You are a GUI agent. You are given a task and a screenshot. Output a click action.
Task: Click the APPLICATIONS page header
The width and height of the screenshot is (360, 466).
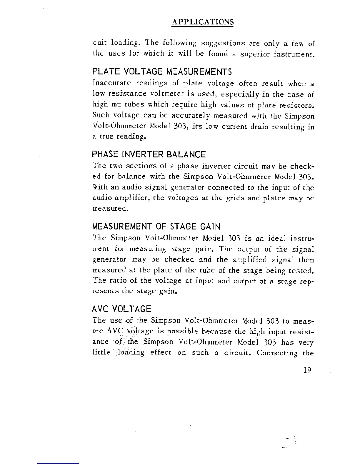[203, 22]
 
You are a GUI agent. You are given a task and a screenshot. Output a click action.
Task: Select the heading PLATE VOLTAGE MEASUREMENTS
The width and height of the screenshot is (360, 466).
[162, 71]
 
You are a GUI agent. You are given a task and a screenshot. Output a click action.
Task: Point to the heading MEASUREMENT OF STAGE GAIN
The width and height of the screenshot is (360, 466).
[156, 227]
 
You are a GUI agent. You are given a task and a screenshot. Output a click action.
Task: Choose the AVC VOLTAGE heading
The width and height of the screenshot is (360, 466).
[122, 309]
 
